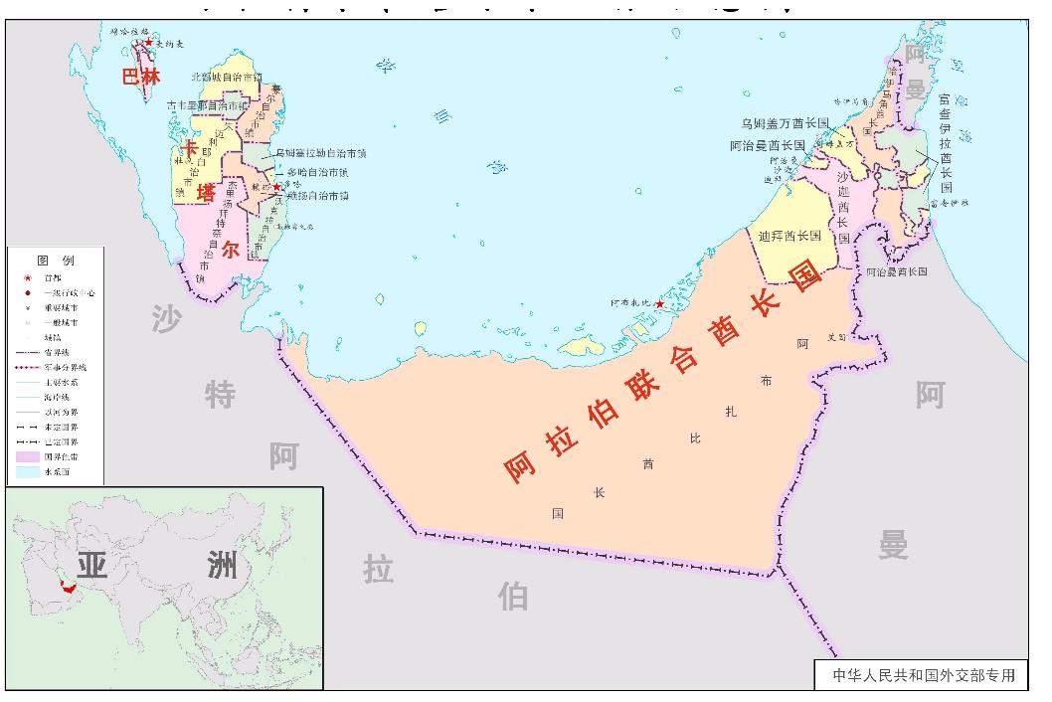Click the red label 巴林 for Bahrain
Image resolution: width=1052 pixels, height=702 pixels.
140,77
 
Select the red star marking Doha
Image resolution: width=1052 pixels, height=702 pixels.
277,187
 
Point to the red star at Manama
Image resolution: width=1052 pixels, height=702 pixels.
149,43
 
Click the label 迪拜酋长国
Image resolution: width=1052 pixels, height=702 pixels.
789,237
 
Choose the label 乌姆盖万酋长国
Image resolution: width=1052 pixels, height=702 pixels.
785,123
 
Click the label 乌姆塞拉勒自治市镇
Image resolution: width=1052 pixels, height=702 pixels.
320,154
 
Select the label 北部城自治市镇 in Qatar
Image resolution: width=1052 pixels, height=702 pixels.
227,77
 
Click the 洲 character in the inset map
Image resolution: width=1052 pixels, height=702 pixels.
222,566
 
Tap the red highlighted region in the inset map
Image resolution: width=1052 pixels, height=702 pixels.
68,587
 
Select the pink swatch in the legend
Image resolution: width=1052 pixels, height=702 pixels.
27,456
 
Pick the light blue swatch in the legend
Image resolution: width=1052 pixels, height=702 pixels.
27,471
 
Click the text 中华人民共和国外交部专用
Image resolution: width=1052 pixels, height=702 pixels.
924,675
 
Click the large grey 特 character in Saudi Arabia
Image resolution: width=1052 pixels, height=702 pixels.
220,395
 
